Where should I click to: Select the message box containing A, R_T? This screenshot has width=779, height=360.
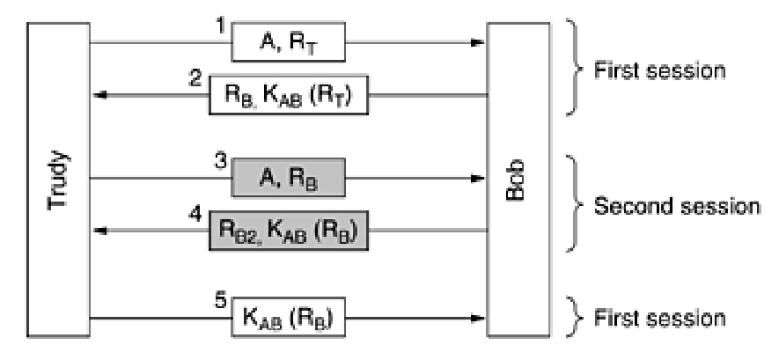tap(288, 41)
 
